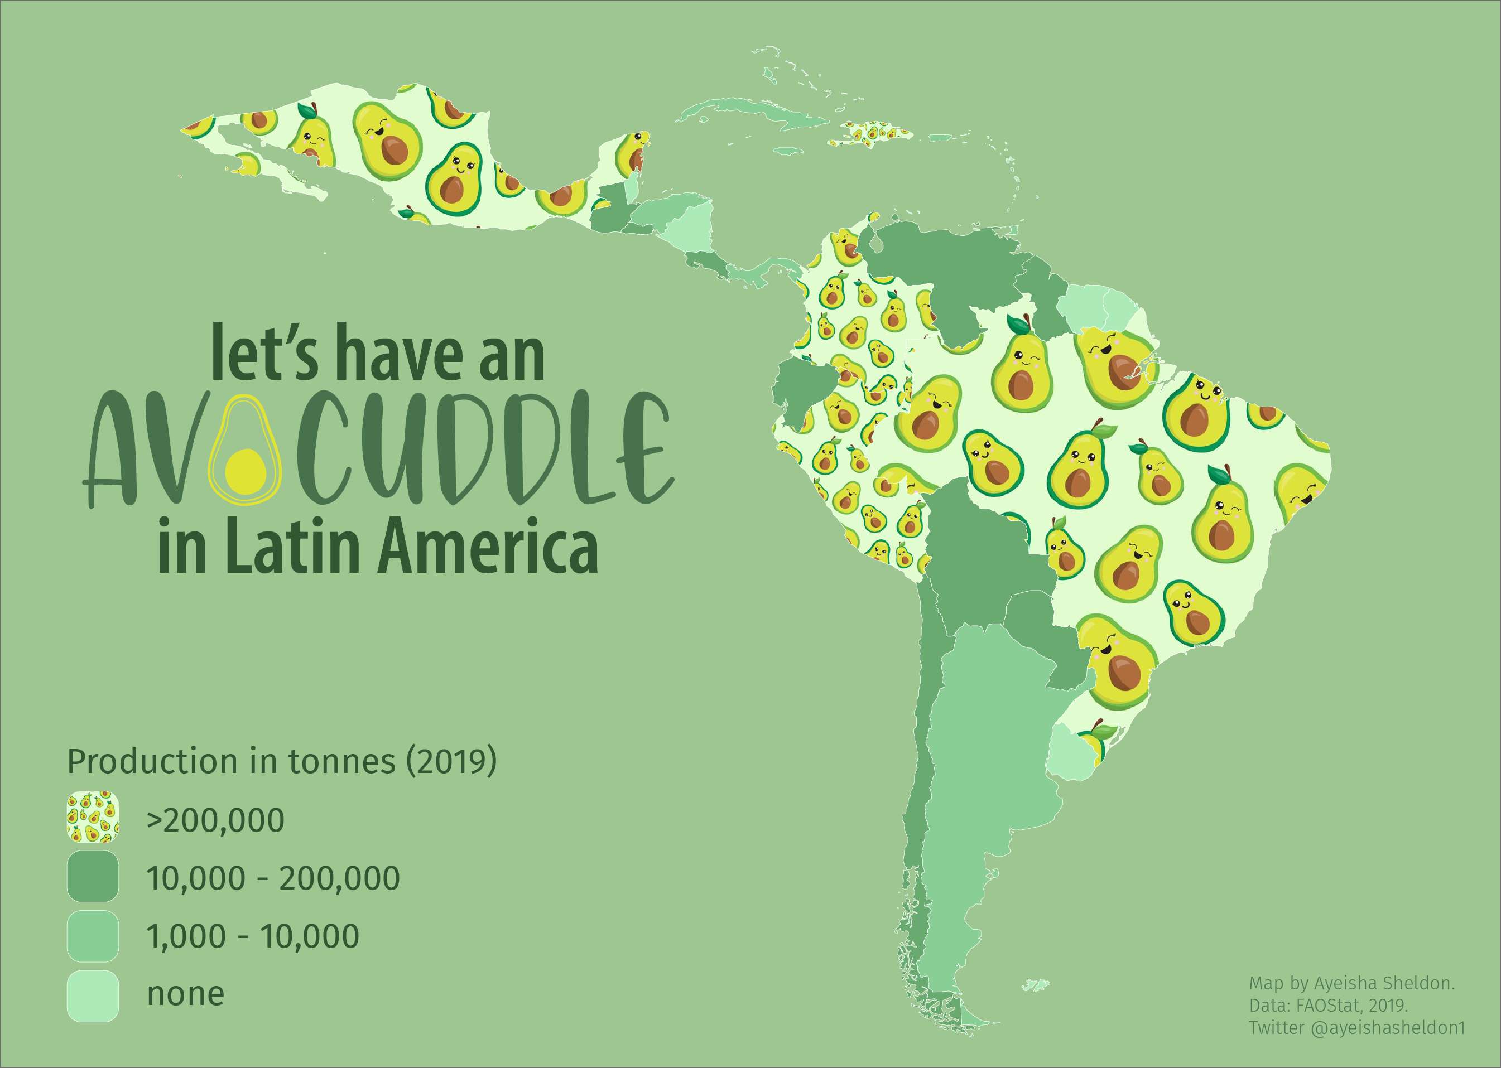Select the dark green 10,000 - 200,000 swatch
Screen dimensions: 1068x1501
tap(93, 877)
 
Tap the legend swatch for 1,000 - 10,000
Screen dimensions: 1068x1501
tap(93, 936)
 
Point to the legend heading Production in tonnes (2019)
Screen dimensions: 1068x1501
tap(282, 761)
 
